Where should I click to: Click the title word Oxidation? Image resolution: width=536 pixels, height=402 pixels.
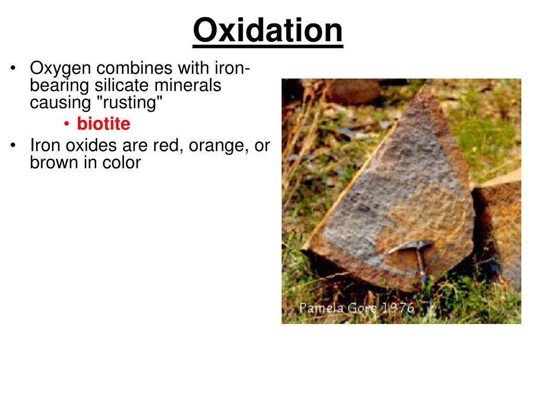tap(267, 30)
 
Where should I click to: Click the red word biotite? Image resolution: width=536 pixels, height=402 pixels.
tap(103, 124)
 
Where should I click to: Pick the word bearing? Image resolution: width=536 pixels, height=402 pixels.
tap(60, 85)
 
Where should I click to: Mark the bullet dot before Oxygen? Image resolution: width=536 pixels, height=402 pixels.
tap(14, 69)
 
